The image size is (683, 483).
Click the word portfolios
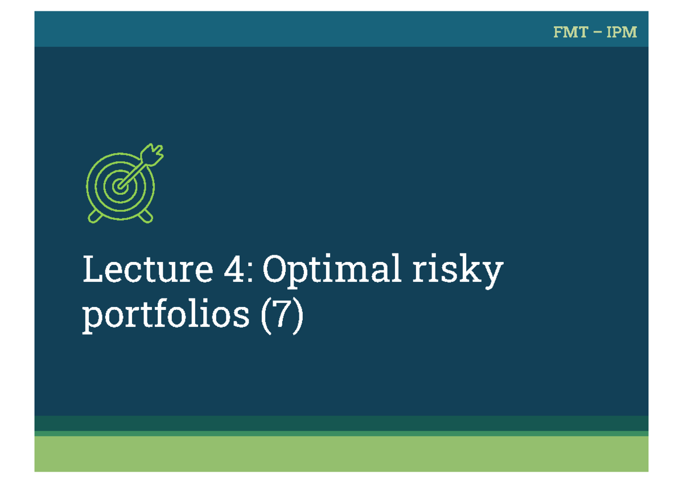click(x=166, y=317)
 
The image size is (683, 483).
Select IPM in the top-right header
click(x=622, y=32)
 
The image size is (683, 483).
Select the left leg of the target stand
click(x=95, y=216)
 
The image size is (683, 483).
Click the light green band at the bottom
click(x=341, y=454)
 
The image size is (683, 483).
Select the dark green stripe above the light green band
click(x=341, y=423)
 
